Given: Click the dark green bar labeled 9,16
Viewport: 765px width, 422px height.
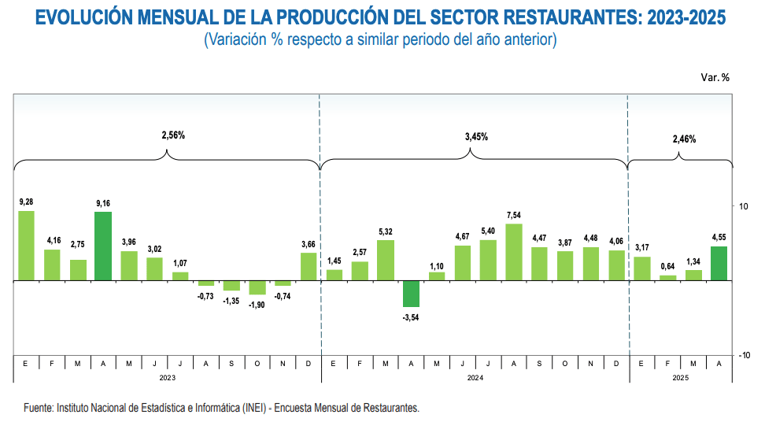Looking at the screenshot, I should point(103,246).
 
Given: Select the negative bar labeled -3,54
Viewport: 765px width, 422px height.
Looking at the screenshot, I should point(411,294).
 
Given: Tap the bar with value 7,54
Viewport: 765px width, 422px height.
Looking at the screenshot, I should point(514,252).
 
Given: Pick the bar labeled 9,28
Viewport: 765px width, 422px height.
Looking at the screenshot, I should point(26,245).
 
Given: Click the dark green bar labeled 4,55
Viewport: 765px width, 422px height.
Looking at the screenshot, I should point(719,263).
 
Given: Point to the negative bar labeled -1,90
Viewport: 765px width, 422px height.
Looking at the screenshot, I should point(257,287).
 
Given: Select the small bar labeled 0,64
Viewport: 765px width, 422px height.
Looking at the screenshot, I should point(667,277).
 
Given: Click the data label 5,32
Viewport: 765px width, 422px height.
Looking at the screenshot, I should point(386,231).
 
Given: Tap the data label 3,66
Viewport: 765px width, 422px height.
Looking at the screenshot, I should point(309,244).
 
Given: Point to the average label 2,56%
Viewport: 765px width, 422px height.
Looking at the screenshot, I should point(173,135).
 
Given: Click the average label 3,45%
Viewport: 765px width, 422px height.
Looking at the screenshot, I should point(476,136).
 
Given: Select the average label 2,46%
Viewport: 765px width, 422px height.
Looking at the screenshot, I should point(684,139).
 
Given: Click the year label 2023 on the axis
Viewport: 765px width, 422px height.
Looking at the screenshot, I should point(168,378).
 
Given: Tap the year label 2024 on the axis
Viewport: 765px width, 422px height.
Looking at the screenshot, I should point(475,378).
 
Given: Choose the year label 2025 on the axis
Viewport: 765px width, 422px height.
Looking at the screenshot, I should point(681,378).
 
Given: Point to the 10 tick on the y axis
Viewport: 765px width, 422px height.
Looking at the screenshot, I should point(743,205).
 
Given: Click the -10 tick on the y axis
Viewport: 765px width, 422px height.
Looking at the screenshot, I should point(741,355).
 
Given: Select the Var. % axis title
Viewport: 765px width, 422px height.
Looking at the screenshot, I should point(715,77).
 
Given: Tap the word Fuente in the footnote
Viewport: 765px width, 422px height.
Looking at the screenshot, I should point(39,409).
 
